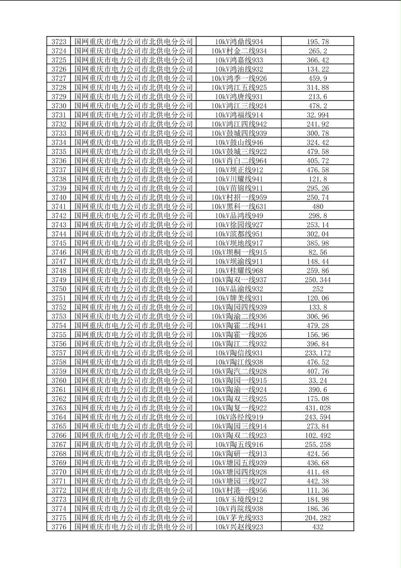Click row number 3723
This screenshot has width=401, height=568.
(59, 42)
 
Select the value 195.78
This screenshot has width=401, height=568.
(318, 42)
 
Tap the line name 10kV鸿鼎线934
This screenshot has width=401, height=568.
(239, 42)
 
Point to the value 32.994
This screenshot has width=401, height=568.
(318, 115)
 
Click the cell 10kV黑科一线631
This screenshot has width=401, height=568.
(239, 207)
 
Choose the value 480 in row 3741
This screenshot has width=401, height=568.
(318, 207)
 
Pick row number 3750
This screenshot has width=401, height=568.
(59, 289)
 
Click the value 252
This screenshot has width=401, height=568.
(318, 289)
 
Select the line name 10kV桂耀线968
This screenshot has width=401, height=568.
(239, 270)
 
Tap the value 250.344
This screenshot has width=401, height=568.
(318, 280)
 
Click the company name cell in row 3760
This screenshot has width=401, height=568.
(134, 380)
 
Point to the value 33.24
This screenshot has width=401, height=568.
(318, 380)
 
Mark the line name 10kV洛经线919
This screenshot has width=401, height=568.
(239, 417)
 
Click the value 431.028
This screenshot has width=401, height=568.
(318, 408)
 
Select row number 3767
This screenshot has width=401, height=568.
(59, 445)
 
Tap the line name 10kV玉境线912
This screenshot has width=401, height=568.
(239, 500)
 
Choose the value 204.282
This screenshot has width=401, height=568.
(318, 518)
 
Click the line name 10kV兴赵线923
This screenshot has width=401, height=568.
(239, 527)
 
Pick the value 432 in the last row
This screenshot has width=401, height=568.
(318, 527)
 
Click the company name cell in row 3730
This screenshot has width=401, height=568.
(134, 106)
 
